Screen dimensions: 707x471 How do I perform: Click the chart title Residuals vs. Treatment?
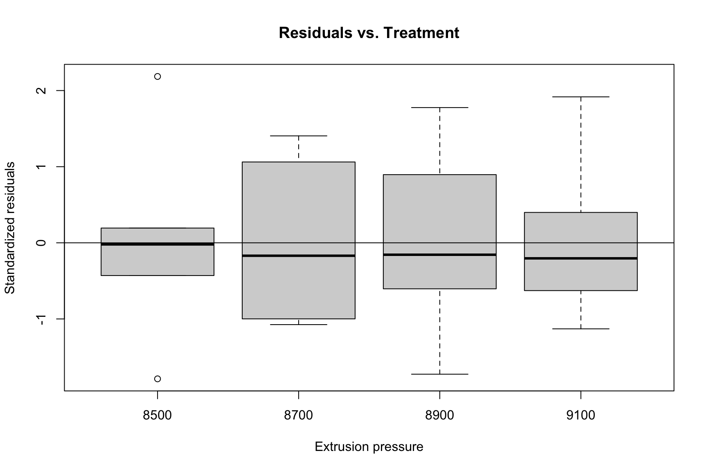pos(369,33)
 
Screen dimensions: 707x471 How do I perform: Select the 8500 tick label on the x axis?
pos(158,415)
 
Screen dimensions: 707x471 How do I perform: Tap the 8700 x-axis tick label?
pos(299,415)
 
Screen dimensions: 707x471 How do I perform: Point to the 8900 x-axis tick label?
pos(440,415)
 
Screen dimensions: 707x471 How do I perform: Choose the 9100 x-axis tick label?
pos(581,415)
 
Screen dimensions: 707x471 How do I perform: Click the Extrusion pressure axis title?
pos(369,447)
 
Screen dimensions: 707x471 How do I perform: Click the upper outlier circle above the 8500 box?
pos(158,76)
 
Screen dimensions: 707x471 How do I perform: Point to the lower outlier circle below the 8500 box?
pos(158,379)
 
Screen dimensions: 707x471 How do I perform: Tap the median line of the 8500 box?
pos(158,244)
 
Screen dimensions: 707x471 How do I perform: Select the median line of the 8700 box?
pos(299,256)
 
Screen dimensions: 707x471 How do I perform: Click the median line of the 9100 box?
pos(581,258)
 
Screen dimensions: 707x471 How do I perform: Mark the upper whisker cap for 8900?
pos(440,108)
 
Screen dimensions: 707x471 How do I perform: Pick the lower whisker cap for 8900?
pos(440,374)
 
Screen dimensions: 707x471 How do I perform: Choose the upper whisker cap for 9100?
pos(581,97)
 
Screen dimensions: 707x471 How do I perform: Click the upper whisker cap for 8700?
pos(299,136)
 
